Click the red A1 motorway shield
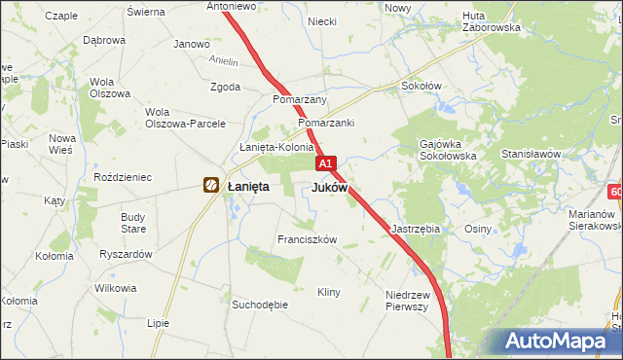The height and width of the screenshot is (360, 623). pos(326,164)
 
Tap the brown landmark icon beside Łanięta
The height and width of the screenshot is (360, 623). pos(210,184)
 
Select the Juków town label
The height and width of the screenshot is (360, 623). pos(330,186)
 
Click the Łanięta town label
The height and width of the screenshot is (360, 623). pos(247,186)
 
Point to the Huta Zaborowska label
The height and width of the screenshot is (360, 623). pos(492,21)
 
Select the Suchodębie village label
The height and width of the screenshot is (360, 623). pos(259,305)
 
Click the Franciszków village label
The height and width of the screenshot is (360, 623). pos(307,239)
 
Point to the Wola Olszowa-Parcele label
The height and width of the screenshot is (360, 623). pos(185,118)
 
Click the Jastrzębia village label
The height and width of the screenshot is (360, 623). pos(416,229)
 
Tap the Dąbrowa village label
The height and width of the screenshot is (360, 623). pos(104,41)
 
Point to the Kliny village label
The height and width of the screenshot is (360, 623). pos(329,292)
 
